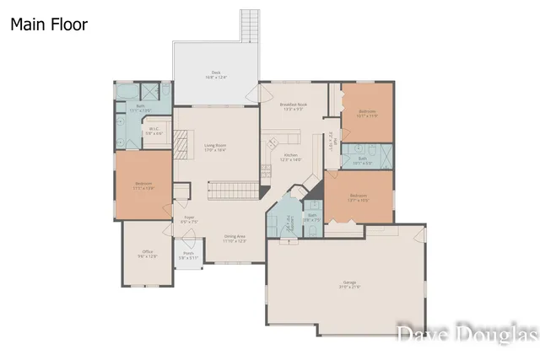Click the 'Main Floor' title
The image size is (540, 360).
48,24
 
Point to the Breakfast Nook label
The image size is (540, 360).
294,106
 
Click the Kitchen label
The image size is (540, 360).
291,157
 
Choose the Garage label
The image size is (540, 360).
349,284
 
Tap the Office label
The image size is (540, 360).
148,254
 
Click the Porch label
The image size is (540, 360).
189,255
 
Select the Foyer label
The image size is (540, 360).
190,220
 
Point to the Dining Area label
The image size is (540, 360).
235,239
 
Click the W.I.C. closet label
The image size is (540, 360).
154,131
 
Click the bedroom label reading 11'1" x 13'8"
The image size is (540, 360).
143,185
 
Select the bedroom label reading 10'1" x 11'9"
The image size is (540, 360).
366,113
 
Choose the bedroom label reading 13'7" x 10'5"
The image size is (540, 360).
359,198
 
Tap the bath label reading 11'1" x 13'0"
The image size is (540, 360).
140,108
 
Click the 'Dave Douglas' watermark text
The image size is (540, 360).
467,335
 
